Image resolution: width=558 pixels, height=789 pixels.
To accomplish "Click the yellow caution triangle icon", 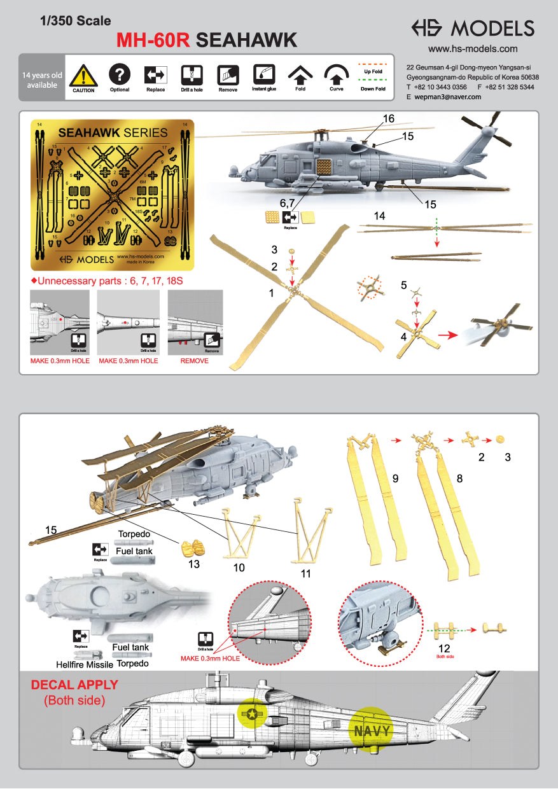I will (83, 75).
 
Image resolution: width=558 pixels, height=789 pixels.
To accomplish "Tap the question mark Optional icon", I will (120, 74).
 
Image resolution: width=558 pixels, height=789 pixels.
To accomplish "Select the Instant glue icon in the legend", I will (263, 74).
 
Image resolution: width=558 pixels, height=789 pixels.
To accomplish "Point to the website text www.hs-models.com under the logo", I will (472, 48).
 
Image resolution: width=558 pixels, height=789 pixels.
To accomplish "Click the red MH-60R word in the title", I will (153, 41).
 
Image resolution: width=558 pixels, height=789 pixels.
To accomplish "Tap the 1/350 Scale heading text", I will (75, 21).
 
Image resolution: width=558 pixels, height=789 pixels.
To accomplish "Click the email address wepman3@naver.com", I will (448, 97).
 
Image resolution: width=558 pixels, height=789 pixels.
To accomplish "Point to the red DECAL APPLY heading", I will (74, 685).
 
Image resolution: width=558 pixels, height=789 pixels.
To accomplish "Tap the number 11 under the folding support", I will (305, 573).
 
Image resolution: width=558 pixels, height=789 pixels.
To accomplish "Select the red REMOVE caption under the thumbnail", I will (195, 361).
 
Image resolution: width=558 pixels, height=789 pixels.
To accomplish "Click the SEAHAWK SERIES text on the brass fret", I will (113, 133).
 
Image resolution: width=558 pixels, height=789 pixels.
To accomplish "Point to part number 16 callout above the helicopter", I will (388, 118).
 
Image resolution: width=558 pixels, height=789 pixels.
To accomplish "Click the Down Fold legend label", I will (373, 89).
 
